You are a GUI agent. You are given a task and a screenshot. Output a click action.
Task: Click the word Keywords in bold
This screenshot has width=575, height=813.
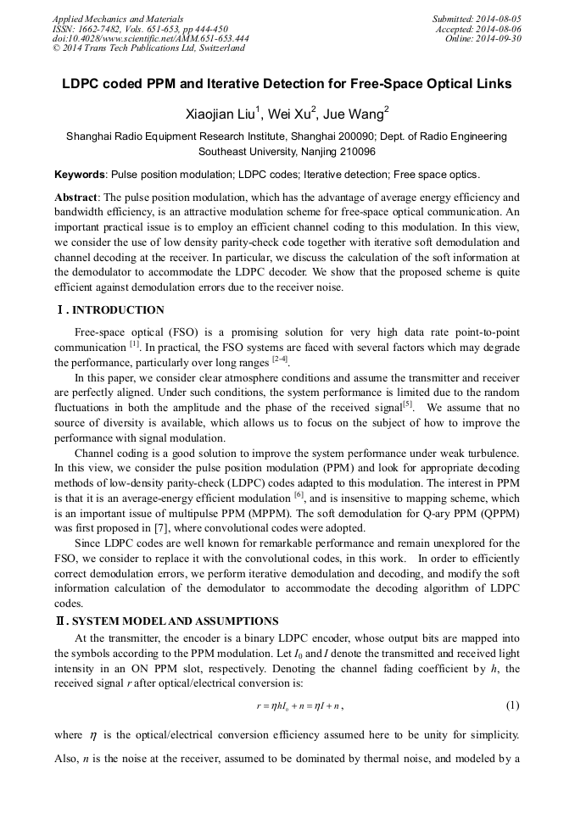80,175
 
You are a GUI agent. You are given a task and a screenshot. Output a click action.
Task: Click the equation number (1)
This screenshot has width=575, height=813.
512,704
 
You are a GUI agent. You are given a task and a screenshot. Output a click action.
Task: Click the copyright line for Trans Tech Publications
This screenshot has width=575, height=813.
148,48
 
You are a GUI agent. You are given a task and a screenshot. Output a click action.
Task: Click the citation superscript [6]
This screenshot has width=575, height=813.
299,493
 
